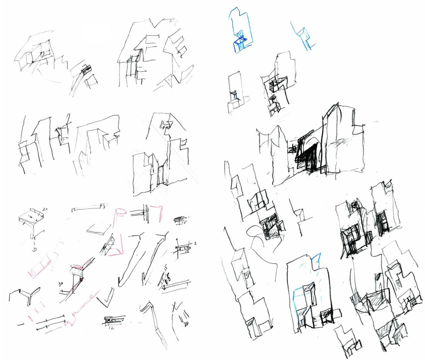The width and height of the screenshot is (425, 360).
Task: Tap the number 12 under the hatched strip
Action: (x=111, y=328)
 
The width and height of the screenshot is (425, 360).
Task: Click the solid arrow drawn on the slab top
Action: (x=30, y=217)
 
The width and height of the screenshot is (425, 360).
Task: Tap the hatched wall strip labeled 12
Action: (x=114, y=320)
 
